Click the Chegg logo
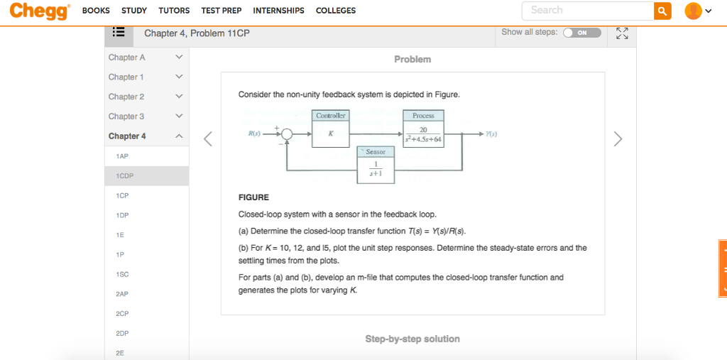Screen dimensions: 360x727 tap(40, 11)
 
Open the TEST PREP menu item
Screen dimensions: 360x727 tap(221, 11)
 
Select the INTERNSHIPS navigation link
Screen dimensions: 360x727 tap(278, 11)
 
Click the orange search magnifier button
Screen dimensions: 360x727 tap(662, 11)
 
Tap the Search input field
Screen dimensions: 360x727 tap(587, 11)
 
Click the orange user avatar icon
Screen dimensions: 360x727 tap(692, 11)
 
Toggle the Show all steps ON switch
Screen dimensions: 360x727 tap(582, 33)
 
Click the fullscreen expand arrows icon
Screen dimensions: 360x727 tap(623, 33)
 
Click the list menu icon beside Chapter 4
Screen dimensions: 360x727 tap(118, 33)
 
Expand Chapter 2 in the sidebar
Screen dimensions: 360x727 tap(146, 97)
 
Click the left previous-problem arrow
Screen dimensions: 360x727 tap(207, 138)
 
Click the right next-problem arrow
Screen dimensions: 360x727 tap(618, 138)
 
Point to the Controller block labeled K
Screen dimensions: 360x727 tap(331, 133)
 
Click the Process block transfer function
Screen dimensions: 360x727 tap(423, 133)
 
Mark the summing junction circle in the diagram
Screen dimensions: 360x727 tap(287, 133)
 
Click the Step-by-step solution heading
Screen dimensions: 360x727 tap(412, 339)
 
